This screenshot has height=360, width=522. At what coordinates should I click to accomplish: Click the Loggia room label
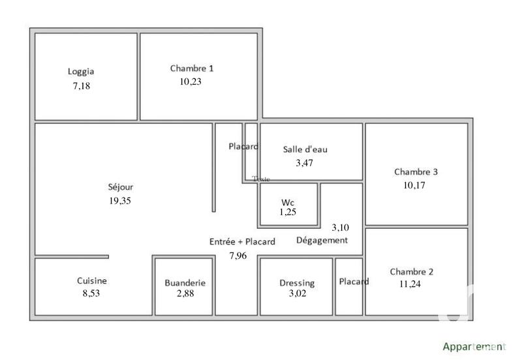tap(81, 72)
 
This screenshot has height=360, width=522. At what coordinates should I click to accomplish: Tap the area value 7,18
tap(81, 86)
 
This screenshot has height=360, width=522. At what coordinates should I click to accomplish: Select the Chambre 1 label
tap(192, 68)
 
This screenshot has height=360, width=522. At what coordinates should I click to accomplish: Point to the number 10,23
tap(191, 82)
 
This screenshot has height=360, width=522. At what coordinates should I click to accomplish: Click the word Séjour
tap(121, 187)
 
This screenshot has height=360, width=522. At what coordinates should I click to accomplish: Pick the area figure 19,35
tap(120, 201)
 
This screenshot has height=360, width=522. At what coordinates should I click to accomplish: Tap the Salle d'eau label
tap(305, 149)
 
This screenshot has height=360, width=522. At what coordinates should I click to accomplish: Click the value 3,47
tap(305, 163)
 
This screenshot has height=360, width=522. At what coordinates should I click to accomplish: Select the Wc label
tap(288, 202)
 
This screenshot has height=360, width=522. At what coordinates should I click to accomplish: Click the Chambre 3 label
tap(416, 172)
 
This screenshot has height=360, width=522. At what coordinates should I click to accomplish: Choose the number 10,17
tap(416, 185)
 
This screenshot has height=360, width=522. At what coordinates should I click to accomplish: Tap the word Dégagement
tap(322, 240)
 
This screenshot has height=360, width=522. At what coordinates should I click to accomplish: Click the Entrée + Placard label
tap(242, 241)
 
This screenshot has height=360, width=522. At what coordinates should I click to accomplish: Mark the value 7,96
tap(238, 256)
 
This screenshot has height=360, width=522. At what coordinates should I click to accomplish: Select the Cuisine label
tap(92, 280)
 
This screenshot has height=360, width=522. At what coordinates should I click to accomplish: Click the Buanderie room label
tap(185, 283)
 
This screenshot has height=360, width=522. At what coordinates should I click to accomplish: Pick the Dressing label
tap(297, 283)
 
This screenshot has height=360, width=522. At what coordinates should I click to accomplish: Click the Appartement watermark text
tap(474, 347)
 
